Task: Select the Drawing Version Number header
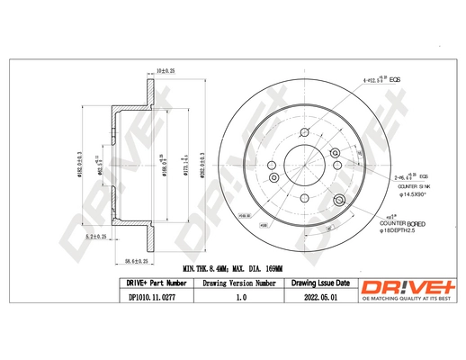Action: [x=239, y=283]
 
